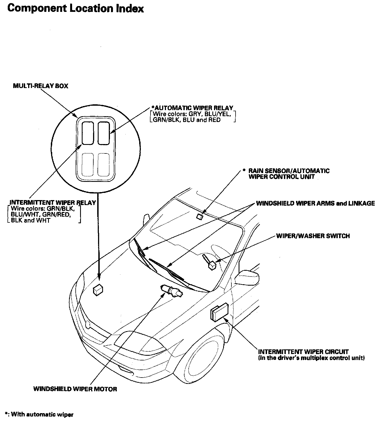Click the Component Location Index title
click(75, 9)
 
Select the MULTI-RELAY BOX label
click(41, 86)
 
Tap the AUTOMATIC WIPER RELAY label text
click(192, 108)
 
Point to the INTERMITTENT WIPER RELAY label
click(53, 203)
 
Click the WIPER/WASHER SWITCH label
click(313, 236)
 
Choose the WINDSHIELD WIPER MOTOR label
click(75, 389)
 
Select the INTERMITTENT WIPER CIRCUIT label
click(303, 352)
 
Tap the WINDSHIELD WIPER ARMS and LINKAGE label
click(315, 204)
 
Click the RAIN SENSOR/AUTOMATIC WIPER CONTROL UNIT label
click(289, 174)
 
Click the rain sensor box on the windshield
click(200, 216)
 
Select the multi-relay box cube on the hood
click(98, 290)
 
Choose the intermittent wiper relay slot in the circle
click(88, 133)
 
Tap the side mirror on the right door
click(248, 277)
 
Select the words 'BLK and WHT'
click(31, 221)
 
